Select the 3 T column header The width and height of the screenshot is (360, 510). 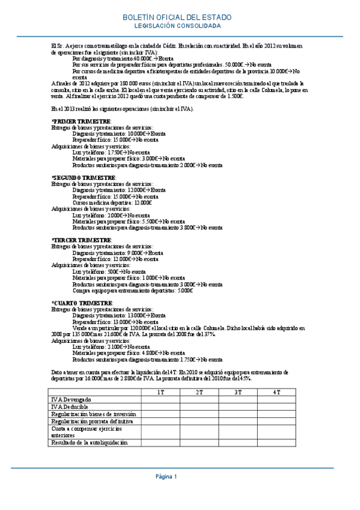click(238, 392)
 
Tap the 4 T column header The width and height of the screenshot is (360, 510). click(276, 392)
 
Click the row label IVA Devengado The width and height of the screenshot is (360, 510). click(72, 399)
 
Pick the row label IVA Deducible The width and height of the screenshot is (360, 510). click(70, 407)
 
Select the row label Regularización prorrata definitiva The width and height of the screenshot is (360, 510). click(93, 421)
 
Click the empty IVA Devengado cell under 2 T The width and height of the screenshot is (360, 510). click(199, 399)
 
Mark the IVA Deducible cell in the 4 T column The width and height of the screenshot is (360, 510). click(276, 407)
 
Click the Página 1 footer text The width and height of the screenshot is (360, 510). click(166, 477)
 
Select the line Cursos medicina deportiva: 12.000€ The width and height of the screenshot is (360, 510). click(112, 203)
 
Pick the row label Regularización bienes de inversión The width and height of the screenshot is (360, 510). click(94, 414)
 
